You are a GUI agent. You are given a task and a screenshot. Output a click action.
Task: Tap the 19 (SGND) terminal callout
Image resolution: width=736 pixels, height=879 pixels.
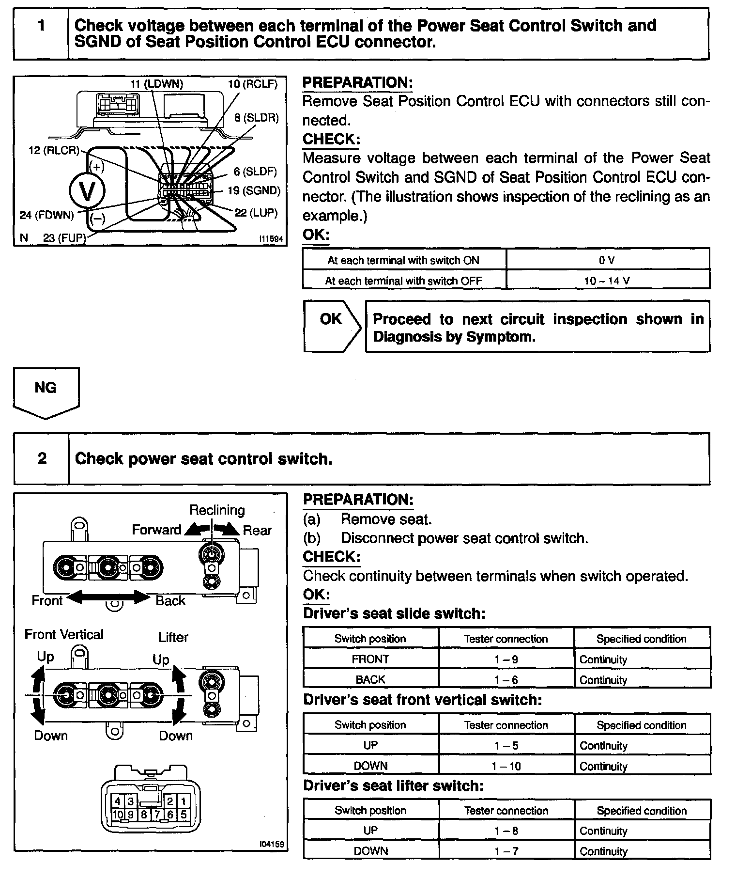click(254, 191)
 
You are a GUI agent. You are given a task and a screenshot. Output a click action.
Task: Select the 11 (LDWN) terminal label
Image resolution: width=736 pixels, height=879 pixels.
click(156, 84)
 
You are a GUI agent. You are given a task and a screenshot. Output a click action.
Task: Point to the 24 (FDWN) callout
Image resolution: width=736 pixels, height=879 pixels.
click(46, 215)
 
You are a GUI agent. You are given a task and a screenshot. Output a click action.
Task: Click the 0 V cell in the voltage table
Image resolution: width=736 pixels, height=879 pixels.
click(607, 260)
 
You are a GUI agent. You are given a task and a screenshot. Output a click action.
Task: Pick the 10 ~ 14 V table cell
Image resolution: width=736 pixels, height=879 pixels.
click(607, 281)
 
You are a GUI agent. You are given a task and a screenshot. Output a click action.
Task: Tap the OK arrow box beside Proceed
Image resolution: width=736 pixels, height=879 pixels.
click(332, 325)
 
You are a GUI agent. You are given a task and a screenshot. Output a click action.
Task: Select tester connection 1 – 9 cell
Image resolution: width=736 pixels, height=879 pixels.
click(506, 659)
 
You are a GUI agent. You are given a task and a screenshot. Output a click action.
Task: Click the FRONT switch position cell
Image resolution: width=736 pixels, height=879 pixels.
click(370, 659)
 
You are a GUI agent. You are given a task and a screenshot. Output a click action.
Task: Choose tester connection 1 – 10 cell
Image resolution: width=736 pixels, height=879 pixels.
click(506, 766)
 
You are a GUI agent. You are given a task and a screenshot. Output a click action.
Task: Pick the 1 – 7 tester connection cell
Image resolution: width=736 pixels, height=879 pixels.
click(506, 851)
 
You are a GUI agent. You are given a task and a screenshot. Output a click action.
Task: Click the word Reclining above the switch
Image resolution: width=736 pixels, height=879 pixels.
click(217, 510)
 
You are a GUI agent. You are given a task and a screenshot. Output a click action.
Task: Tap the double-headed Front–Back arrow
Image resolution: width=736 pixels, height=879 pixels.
click(108, 597)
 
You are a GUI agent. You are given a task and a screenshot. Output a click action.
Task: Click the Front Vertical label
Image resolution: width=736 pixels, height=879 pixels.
click(64, 635)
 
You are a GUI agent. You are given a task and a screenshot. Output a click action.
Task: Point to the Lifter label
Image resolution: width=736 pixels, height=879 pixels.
click(173, 637)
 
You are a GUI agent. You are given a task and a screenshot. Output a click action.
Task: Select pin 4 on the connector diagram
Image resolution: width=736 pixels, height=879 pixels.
click(118, 801)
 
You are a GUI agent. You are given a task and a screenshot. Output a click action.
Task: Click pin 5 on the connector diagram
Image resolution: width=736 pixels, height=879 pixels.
click(184, 815)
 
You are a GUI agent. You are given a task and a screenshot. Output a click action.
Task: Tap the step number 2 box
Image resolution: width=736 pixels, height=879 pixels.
click(42, 458)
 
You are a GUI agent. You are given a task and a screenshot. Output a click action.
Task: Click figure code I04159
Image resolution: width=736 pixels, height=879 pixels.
click(271, 844)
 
